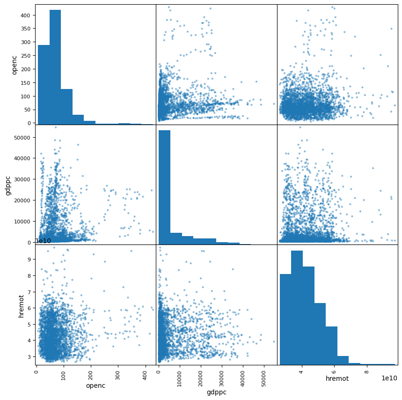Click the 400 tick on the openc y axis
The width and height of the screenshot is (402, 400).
tap(27, 15)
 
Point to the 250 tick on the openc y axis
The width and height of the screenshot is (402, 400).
tap(27, 56)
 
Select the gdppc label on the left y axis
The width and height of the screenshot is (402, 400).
tap(8, 185)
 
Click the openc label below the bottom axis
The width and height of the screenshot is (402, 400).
tap(95, 385)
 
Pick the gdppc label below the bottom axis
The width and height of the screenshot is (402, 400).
tap(216, 392)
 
